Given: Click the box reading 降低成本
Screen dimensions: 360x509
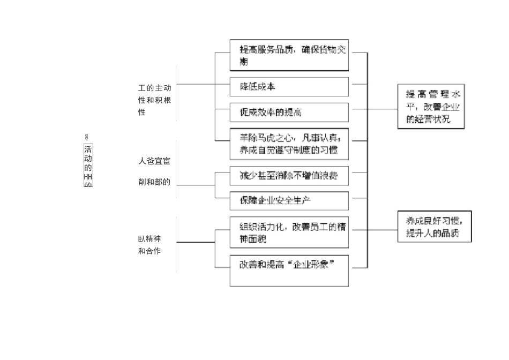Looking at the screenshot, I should [x=289, y=86].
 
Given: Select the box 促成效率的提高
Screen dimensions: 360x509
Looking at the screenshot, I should [x=289, y=112].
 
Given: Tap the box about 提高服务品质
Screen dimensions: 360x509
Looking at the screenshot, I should [x=289, y=55].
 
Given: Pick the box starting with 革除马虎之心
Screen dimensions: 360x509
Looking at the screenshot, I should [x=289, y=144].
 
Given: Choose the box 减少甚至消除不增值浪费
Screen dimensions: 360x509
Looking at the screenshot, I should [x=289, y=175].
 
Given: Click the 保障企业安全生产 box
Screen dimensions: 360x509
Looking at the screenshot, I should [x=289, y=200].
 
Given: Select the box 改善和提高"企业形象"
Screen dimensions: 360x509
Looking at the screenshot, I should [x=289, y=271].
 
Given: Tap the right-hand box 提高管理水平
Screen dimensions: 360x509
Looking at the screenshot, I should [x=431, y=106].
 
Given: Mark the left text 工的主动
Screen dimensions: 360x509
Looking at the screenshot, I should [x=154, y=88].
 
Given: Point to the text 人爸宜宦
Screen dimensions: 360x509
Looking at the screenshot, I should [x=154, y=160].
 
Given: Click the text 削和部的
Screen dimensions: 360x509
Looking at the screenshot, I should [x=154, y=182].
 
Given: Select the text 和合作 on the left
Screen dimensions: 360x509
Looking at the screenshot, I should [x=149, y=251].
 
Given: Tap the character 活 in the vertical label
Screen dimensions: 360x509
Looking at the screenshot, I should [x=88, y=149].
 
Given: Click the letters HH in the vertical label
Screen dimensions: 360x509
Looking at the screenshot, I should [x=88, y=176].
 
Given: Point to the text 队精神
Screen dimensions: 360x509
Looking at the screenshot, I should [x=149, y=239].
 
